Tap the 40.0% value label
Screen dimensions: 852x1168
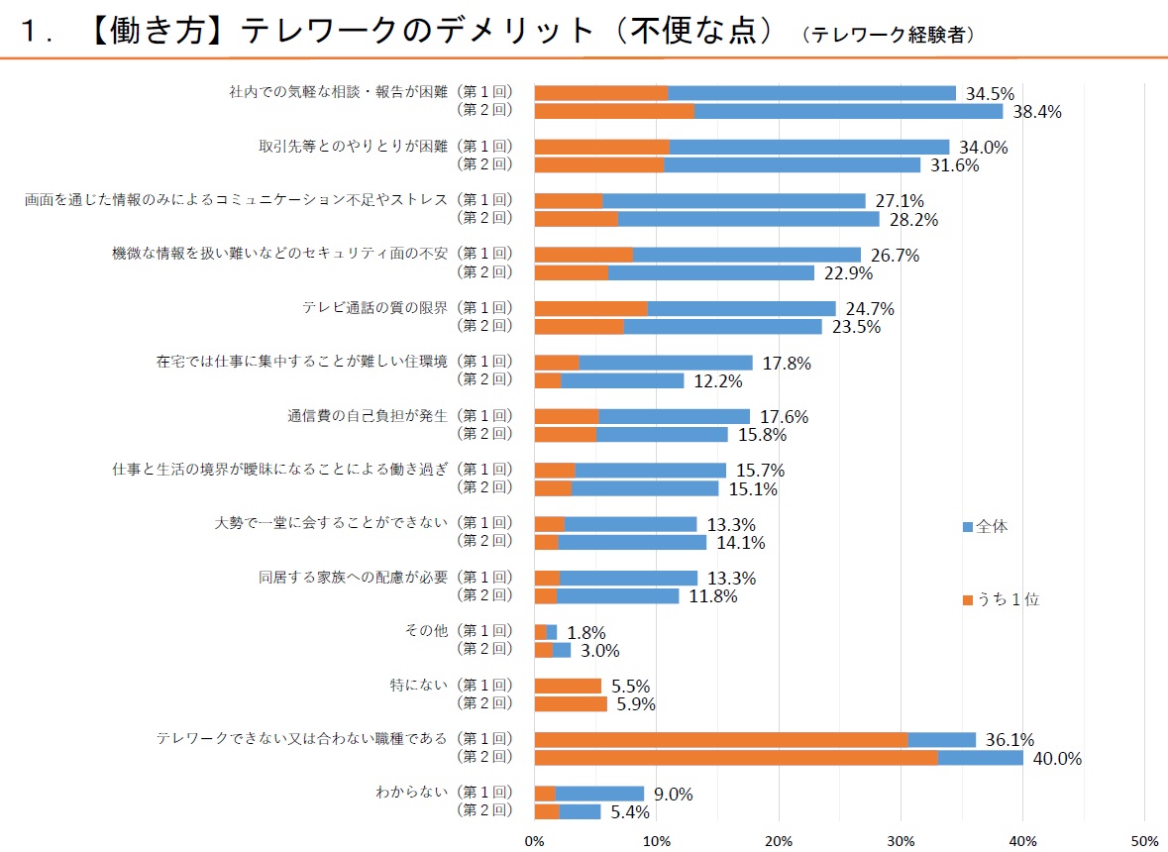[x=1057, y=759]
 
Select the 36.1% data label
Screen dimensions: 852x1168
[x=1009, y=740]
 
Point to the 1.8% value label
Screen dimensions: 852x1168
[x=585, y=632]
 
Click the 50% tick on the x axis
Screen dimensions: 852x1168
[x=1144, y=841]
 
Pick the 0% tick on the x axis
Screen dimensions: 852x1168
[x=535, y=841]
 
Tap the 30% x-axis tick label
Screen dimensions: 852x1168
[x=901, y=841]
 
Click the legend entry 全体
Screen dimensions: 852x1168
[x=986, y=527]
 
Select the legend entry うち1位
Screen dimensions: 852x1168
[x=1002, y=599]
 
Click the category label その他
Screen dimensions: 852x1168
[x=429, y=630]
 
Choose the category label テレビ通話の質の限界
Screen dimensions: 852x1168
[x=375, y=307]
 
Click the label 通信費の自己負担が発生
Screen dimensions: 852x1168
[x=368, y=415]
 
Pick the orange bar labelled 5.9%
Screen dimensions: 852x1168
[x=571, y=704]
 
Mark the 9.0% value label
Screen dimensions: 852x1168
[x=674, y=794]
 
